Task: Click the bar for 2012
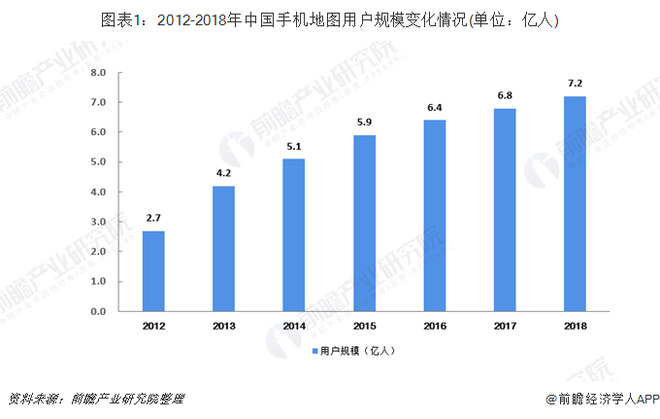click(153, 271)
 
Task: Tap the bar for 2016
click(434, 216)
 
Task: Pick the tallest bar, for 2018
click(574, 204)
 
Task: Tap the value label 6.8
click(504, 98)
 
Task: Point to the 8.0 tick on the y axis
click(98, 73)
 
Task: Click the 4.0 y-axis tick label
click(98, 192)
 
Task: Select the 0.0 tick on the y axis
click(98, 312)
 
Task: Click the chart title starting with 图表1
click(330, 18)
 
